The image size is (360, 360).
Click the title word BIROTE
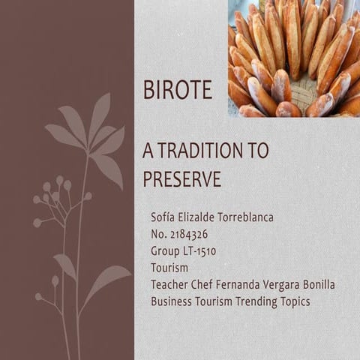point(177,92)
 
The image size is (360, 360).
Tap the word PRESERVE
point(181,179)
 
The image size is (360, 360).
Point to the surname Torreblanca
point(244,217)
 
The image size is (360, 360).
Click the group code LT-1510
point(199,250)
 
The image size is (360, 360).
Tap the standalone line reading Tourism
point(169,267)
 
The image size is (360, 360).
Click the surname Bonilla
point(313,284)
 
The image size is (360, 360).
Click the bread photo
point(293,58)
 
